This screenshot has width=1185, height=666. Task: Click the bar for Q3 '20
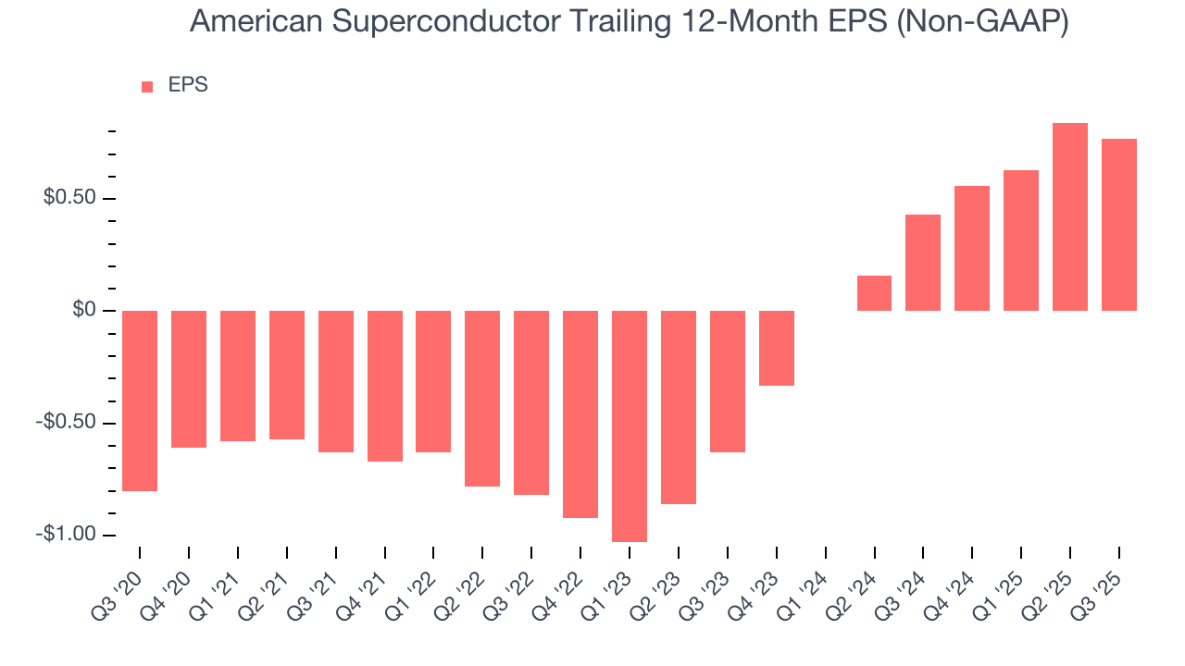[x=140, y=401]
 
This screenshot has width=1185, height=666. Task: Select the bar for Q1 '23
[x=630, y=425]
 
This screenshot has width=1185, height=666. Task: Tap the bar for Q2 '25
[x=1070, y=216]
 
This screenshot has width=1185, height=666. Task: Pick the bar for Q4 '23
[x=777, y=348]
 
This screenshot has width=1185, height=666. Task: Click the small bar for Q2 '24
[x=874, y=293]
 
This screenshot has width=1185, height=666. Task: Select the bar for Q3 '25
[x=1118, y=225]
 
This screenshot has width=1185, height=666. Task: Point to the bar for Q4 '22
[x=580, y=413]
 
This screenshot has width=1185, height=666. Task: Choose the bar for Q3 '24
[x=923, y=263]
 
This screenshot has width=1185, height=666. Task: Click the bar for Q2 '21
[x=287, y=375]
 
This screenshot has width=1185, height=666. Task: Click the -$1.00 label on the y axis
[x=67, y=535]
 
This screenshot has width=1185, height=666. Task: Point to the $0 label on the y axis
[x=86, y=310]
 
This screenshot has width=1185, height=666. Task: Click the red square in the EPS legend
[x=147, y=87]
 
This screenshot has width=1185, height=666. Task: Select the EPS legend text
[x=188, y=86]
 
